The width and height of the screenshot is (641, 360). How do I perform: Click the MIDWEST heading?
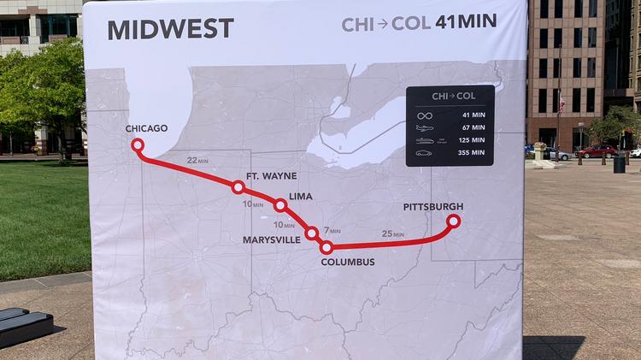[x=170, y=28]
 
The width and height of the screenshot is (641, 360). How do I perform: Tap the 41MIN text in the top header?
[x=465, y=21]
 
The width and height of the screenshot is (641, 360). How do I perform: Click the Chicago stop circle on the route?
[x=138, y=145]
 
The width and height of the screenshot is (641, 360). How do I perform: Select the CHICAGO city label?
[x=146, y=129]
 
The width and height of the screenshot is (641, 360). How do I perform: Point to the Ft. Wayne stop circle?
[x=238, y=186]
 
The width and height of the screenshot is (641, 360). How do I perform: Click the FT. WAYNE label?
[x=271, y=176]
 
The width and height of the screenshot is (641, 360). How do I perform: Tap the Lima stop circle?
[x=279, y=205]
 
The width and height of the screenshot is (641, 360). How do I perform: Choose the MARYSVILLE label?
[x=271, y=240]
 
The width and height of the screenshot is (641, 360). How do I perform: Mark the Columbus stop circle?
[x=326, y=247]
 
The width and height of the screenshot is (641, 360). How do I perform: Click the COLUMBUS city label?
[x=347, y=262]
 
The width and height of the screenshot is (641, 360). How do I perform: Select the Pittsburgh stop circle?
[x=453, y=221]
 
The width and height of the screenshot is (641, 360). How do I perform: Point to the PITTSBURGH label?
[x=432, y=207]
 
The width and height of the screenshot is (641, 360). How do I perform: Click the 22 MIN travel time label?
[x=197, y=160]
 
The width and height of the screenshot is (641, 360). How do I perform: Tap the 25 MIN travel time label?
[x=392, y=233]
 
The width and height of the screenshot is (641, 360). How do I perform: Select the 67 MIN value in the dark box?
[x=472, y=127]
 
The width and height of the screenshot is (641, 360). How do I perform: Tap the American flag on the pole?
[x=561, y=106]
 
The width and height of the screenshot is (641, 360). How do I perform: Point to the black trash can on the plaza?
[x=619, y=162]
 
